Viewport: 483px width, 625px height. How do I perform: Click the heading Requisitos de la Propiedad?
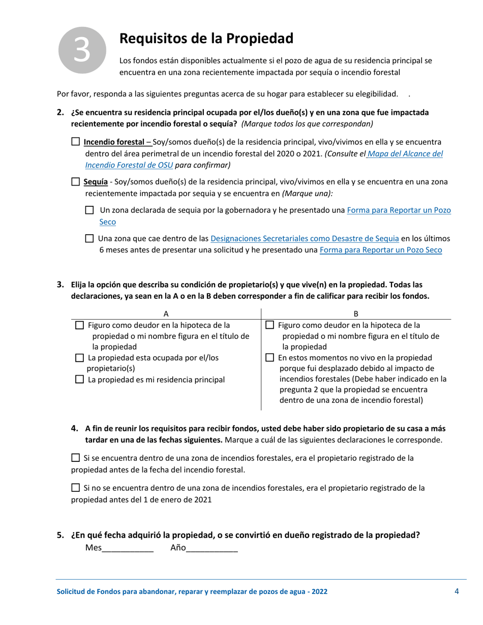pos(206,39)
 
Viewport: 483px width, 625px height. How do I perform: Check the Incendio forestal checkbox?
pos(76,142)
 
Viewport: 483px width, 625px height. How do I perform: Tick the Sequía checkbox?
pos(76,181)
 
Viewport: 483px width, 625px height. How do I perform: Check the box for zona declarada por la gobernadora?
pos(89,210)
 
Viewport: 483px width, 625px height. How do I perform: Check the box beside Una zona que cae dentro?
pos(89,238)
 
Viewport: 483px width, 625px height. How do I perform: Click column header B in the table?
pos(356,314)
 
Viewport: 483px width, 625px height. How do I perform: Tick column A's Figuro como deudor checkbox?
pos(79,325)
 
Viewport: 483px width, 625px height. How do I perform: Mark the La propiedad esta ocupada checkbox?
pos(79,358)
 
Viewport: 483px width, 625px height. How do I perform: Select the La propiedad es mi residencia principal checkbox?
pos(79,380)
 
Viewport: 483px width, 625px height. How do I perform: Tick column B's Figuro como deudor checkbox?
pos(271,325)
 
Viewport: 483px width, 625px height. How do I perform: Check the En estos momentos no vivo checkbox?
pos(271,358)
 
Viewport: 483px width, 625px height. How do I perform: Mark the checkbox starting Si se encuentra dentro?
pos(76,458)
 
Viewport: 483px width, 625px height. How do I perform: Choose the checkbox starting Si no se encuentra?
pos(76,488)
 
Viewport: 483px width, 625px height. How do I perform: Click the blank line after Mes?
pos(128,549)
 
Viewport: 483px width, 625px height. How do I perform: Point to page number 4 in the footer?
pos(457,591)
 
